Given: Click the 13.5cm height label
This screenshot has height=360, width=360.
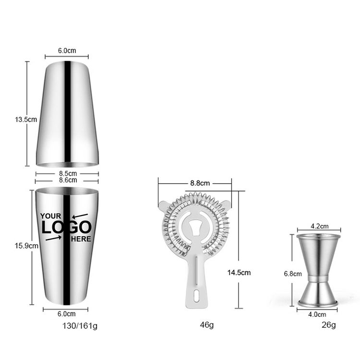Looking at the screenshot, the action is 26,120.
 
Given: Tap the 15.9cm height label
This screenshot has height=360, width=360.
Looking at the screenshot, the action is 26,246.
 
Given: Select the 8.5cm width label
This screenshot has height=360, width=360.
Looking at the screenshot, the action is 68,174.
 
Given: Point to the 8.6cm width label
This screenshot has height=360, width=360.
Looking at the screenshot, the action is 68,180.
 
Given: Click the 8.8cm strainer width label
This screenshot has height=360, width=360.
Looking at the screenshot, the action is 200,183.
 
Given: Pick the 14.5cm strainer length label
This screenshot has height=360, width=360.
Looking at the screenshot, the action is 239,273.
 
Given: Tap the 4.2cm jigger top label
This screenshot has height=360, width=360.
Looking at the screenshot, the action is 320,227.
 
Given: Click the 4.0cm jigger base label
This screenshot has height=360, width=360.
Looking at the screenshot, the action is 317,314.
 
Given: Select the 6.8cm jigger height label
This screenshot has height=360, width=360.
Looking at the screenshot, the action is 293,274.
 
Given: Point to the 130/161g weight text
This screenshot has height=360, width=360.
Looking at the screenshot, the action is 80,326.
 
